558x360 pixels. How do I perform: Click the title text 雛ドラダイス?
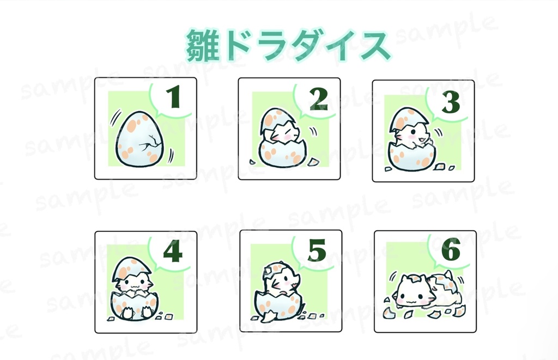pyautogui.click(x=288, y=46)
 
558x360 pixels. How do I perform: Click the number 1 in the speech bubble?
pyautogui.click(x=173, y=98)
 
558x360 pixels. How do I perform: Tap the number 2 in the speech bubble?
pyautogui.click(x=318, y=99)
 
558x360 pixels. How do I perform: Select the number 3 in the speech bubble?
pyautogui.click(x=451, y=102)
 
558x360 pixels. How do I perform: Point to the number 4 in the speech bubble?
pyautogui.click(x=173, y=251)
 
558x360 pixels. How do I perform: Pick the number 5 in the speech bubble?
pyautogui.click(x=317, y=251)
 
